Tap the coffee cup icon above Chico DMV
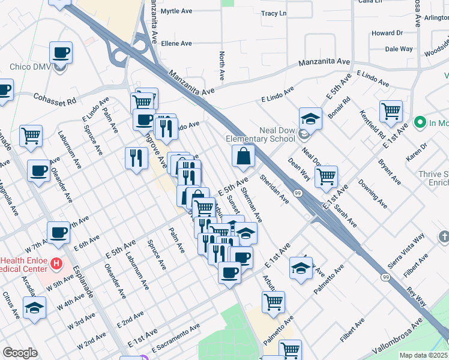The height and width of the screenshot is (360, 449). tap(61, 53)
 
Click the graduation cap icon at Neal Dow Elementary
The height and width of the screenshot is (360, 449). tap(310, 118)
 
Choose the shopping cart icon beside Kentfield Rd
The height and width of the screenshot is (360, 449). tap(391, 110)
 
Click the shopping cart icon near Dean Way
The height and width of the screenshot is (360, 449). tap(326, 176)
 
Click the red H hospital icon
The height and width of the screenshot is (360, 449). tap(56, 263)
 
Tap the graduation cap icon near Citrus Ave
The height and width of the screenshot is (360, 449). tap(35, 308)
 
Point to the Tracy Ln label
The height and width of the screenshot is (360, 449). tap(274, 13)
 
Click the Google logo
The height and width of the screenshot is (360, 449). tap(20, 353)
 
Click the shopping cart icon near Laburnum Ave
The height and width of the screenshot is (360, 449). tap(31, 135)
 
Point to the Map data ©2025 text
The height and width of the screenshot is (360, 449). tap(423, 355)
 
